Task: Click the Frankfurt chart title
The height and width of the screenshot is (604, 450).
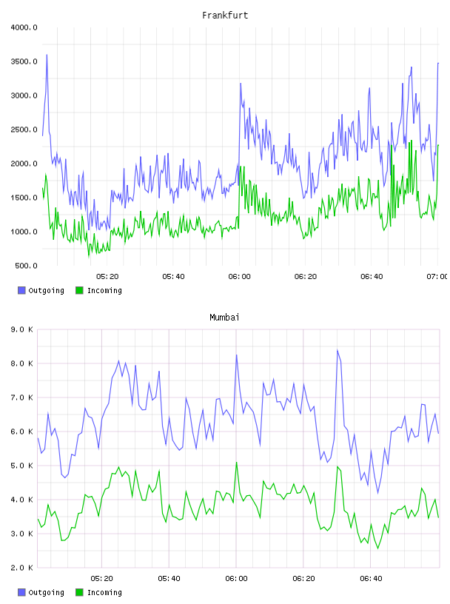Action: tap(225, 16)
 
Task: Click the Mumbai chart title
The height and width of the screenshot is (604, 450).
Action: tap(224, 318)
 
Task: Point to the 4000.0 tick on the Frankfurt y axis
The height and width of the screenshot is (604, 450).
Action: tap(24, 27)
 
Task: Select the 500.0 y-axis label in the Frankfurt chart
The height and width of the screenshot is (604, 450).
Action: tap(26, 266)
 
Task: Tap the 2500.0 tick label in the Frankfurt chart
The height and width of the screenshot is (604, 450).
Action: tap(24, 130)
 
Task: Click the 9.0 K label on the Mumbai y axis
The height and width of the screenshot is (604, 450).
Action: tap(22, 329)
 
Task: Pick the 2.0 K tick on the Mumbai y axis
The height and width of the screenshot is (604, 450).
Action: tap(22, 568)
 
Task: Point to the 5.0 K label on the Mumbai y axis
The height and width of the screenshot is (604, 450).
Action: tap(22, 466)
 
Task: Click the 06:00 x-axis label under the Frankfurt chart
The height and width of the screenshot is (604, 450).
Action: tap(239, 277)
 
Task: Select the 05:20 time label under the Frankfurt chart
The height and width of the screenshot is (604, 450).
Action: tap(107, 277)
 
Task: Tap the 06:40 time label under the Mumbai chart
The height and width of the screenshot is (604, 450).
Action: tap(371, 579)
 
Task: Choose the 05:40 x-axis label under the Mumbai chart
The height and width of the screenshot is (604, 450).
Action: tap(169, 579)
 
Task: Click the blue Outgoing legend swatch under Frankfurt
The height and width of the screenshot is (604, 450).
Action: tap(21, 290)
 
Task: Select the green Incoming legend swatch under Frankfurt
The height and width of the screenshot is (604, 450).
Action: tap(79, 290)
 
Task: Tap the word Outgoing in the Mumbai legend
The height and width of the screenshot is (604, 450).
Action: tap(46, 593)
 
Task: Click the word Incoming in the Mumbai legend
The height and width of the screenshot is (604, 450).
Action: tap(104, 593)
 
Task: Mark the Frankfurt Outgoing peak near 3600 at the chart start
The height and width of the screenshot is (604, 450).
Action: tap(47, 55)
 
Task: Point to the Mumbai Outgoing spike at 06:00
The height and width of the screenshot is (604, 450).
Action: tap(237, 355)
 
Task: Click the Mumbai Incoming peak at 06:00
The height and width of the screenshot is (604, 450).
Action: tap(237, 462)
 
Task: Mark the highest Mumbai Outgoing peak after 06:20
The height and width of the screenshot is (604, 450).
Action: tap(337, 350)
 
